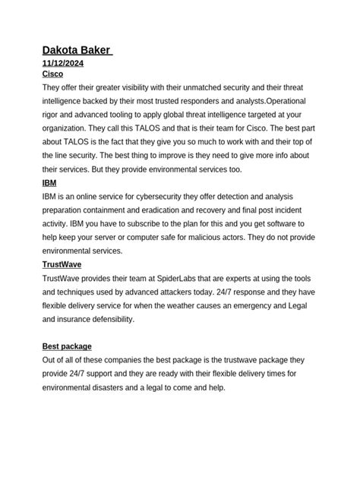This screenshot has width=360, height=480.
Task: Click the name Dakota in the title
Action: pyautogui.click(x=64, y=50)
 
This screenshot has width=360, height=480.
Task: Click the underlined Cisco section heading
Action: pyautogui.click(x=52, y=74)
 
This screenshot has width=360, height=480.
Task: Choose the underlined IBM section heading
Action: pyautogui.click(x=49, y=183)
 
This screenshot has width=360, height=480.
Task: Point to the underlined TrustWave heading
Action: pyautogui.click(x=63, y=264)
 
